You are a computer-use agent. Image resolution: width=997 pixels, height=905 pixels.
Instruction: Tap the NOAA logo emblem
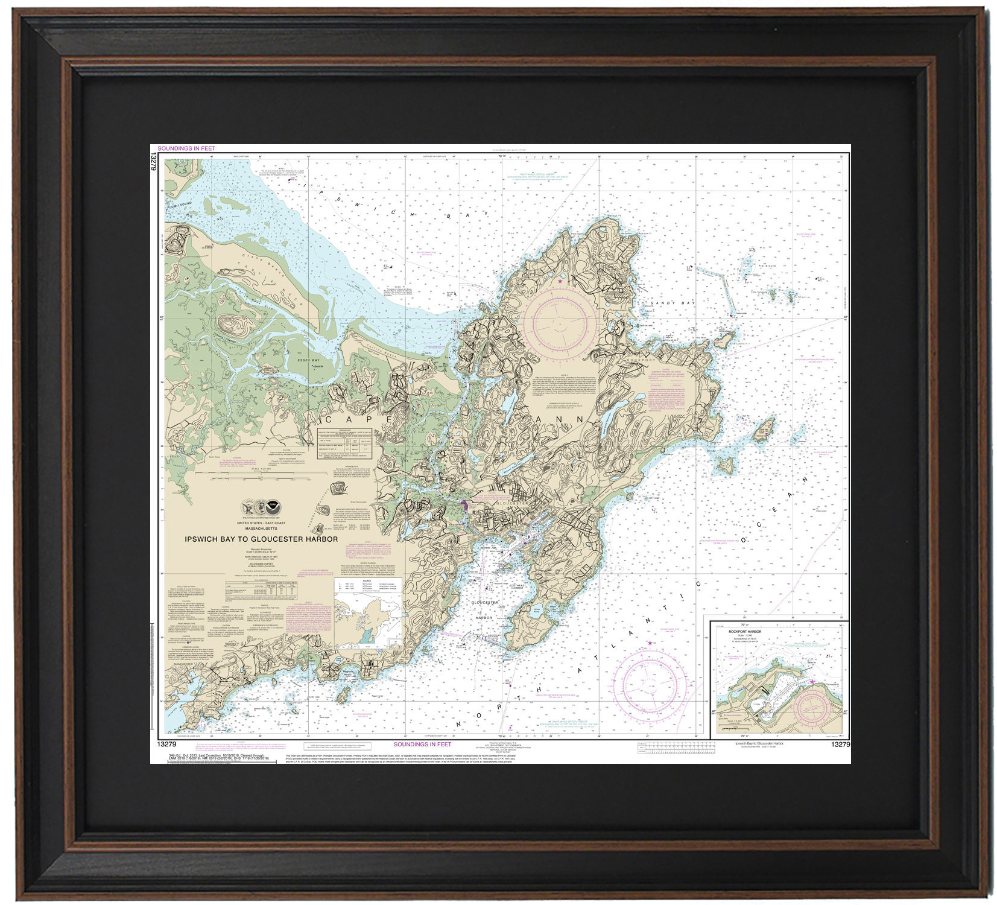tap(273, 507)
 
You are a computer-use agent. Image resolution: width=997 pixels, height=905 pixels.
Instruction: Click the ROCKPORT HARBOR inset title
tap(745, 632)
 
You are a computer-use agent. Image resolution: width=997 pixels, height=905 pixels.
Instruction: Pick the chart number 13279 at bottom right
tap(840, 745)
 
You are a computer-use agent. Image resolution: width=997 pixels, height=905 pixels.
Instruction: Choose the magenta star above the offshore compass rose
tap(650, 643)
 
